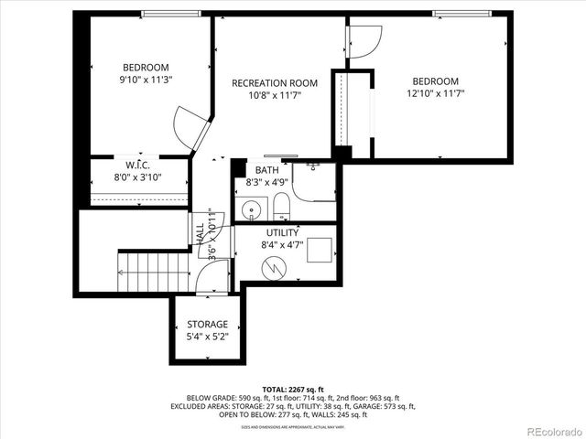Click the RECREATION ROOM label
pyautogui.click(x=274, y=83)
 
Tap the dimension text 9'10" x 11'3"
pyautogui.click(x=146, y=80)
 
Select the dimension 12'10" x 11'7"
pyautogui.click(x=436, y=92)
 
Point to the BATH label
pyautogui.click(x=266, y=170)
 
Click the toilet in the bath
pyautogui.click(x=281, y=207)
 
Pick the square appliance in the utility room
pyautogui.click(x=318, y=250)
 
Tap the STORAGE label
pyautogui.click(x=207, y=325)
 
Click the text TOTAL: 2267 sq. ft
pyautogui.click(x=292, y=390)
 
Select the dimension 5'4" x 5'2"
pyautogui.click(x=207, y=337)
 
